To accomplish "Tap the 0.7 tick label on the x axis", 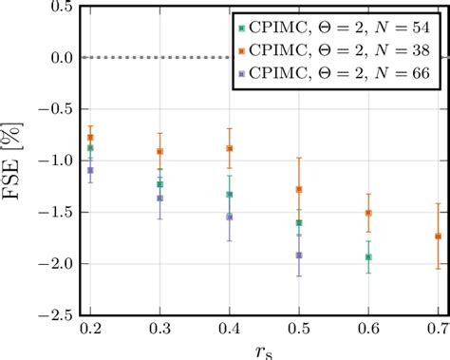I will (x=438, y=328).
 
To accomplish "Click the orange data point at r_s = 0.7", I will (x=438, y=236).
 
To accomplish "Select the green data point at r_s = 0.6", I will (x=368, y=256).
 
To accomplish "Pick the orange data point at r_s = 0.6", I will (x=368, y=213).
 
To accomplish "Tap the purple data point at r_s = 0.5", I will (x=299, y=255).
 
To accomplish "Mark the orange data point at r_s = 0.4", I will (x=230, y=148).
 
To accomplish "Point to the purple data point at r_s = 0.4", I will (x=230, y=217).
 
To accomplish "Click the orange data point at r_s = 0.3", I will (x=160, y=151).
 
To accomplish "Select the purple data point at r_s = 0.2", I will (x=91, y=170).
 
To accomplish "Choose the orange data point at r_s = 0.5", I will (x=299, y=189).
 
